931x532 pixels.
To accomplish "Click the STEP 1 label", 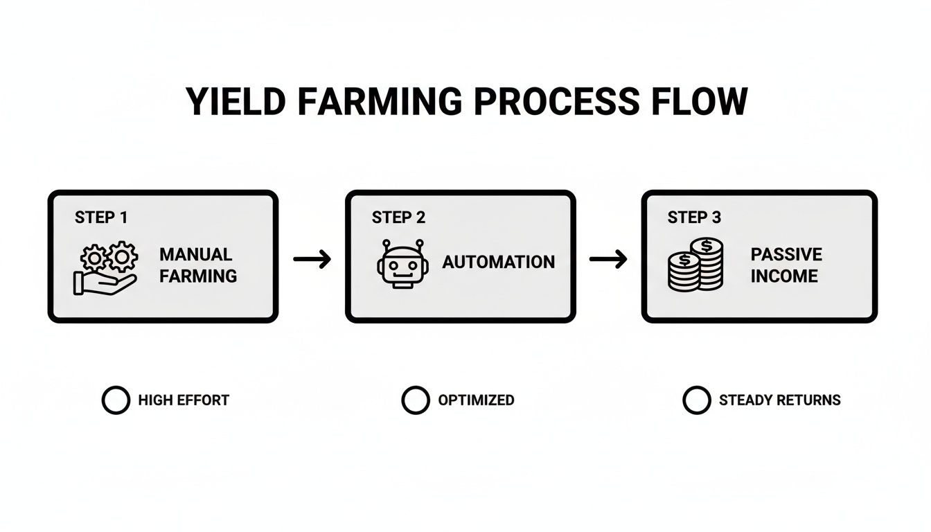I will [x=101, y=218].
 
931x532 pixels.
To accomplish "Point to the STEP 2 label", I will [x=398, y=218].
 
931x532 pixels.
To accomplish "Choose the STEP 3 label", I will [x=694, y=218].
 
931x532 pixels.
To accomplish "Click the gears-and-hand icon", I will [x=106, y=269].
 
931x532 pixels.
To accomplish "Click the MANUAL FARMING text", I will [x=198, y=265].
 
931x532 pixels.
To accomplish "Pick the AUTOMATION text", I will [x=499, y=263].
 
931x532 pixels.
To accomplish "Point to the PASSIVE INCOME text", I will [x=786, y=265].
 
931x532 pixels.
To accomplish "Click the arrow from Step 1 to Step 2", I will [x=312, y=260].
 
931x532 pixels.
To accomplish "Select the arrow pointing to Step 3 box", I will [x=608, y=260].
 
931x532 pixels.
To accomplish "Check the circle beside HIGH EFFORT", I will [x=116, y=400].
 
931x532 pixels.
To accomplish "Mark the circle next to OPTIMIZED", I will [x=416, y=400].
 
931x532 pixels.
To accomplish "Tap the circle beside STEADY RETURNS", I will [x=697, y=400].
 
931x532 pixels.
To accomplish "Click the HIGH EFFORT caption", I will [x=184, y=400].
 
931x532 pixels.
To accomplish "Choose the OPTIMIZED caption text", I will [x=476, y=400].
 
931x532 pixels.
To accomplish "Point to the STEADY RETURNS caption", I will [x=780, y=400].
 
